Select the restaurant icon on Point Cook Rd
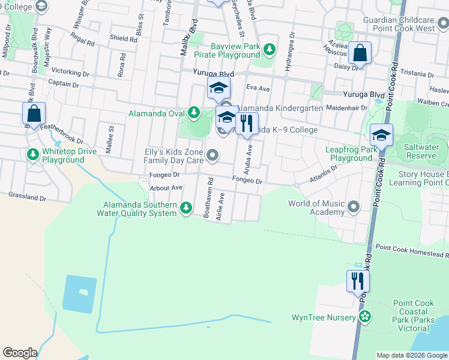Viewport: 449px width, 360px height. coord(358,281)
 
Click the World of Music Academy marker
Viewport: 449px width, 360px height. coord(354,208)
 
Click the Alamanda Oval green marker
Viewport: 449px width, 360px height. coord(193,112)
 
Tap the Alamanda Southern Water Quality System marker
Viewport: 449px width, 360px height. coord(186,208)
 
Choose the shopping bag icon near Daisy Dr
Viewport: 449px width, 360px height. coord(360,53)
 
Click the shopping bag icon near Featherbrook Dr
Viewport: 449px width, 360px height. coord(34,113)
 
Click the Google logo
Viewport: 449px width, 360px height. coord(20,353)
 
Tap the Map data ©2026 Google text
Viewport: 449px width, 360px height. coord(411,355)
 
